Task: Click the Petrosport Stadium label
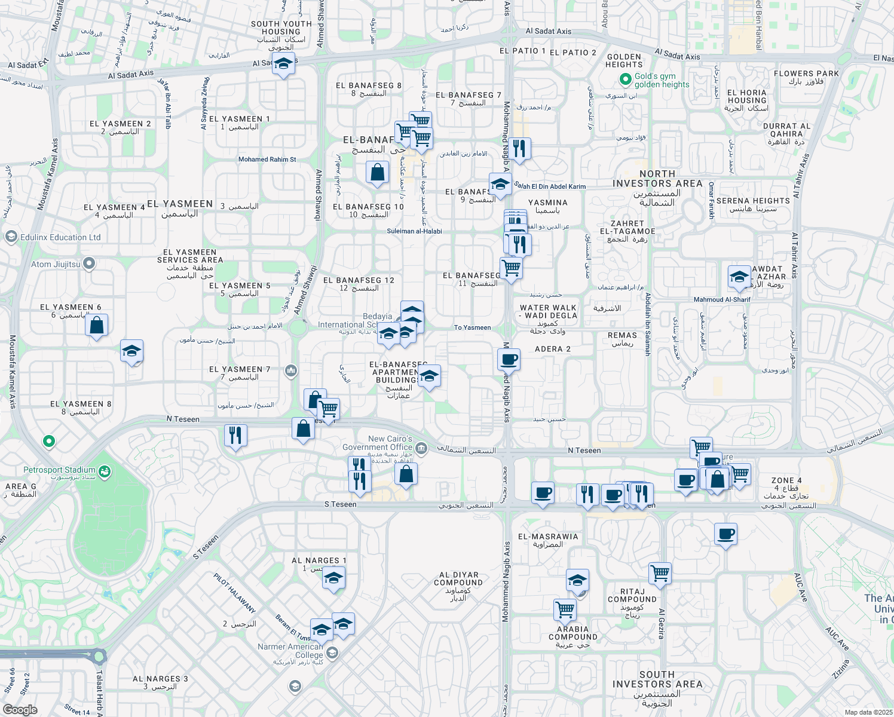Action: [59, 470]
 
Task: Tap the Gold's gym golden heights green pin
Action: [625, 79]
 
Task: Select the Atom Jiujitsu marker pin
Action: [89, 263]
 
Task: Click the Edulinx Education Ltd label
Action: [60, 237]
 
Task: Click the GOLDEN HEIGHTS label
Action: [624, 60]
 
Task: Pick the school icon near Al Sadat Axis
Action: [283, 63]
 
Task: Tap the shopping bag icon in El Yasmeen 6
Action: [97, 326]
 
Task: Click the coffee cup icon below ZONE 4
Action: [725, 534]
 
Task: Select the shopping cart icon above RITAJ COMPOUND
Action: [660, 573]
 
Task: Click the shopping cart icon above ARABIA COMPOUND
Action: [565, 609]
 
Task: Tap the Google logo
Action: [20, 710]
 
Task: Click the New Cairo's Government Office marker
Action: [421, 448]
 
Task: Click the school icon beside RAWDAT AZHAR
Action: [739, 277]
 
